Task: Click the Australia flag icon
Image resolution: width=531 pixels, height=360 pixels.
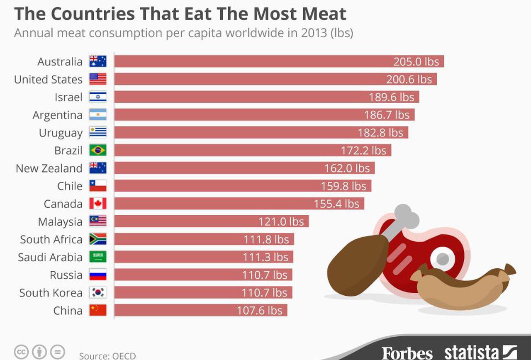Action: tap(98, 61)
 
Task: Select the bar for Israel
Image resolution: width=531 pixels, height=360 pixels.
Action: tap(249, 97)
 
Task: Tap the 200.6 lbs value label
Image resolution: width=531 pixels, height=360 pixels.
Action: tap(409, 79)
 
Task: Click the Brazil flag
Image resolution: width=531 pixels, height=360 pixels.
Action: tap(98, 150)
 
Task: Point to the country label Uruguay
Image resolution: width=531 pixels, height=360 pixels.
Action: tap(61, 133)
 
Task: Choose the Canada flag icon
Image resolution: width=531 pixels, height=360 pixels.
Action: tap(98, 204)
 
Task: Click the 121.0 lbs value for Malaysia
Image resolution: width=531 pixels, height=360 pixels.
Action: tap(281, 221)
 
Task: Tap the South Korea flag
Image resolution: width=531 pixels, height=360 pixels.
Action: tap(98, 293)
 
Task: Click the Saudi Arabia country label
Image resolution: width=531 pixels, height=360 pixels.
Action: tap(50, 257)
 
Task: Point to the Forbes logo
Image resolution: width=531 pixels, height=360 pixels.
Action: tap(407, 353)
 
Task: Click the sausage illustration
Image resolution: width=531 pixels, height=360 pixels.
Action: tap(465, 286)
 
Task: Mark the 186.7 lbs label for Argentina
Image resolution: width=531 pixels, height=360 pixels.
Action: tap(387, 115)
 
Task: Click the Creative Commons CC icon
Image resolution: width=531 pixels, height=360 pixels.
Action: tap(21, 352)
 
